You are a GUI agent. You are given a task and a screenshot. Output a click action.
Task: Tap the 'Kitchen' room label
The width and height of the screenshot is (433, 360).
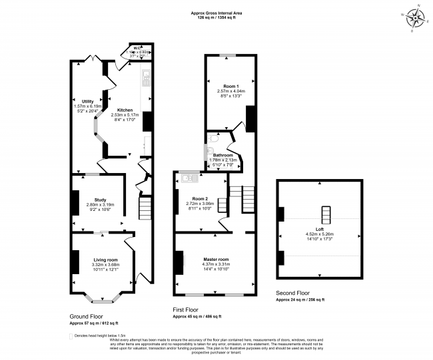coord(125,110)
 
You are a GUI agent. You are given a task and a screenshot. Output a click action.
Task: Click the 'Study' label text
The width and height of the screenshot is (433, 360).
coord(100,199)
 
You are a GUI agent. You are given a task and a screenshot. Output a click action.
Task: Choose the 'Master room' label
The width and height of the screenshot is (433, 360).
coord(217,259)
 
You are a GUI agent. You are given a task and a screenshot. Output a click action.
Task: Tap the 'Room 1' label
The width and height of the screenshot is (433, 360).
coord(230,85)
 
